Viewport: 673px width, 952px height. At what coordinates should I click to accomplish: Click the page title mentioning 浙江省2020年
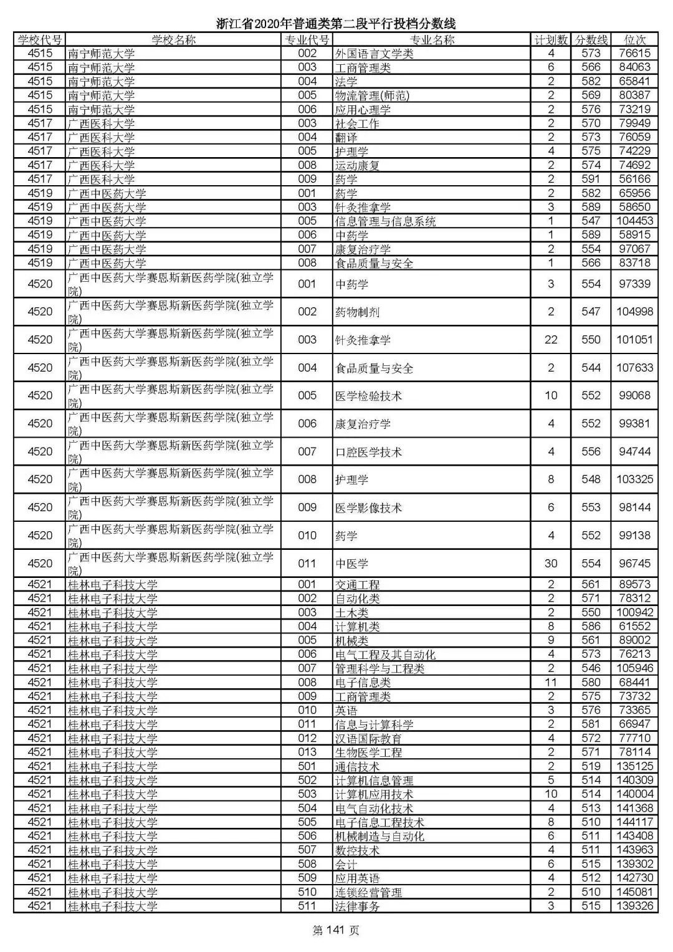point(336,24)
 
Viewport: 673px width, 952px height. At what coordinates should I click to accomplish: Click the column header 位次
point(634,40)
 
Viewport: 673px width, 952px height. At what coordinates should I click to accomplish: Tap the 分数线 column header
point(591,40)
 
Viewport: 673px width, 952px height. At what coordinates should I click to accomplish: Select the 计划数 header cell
point(551,40)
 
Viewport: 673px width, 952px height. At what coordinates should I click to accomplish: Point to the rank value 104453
point(634,221)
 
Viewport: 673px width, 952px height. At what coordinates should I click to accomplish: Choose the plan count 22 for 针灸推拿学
point(551,340)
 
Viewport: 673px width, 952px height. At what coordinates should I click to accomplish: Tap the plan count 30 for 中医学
point(551,564)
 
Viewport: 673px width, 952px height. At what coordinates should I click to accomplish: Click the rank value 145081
point(634,892)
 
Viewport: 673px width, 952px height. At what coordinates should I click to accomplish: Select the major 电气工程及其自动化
point(385,655)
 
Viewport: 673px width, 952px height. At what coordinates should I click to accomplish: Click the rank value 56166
point(634,179)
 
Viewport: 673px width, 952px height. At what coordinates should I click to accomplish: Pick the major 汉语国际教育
point(368,739)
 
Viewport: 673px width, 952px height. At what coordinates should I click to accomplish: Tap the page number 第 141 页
point(336,931)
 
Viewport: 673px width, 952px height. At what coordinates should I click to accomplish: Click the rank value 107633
point(634,368)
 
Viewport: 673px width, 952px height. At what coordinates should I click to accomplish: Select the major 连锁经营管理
point(368,893)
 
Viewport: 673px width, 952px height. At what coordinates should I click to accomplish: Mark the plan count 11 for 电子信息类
point(551,683)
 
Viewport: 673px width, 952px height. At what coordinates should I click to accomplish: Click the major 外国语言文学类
point(374,54)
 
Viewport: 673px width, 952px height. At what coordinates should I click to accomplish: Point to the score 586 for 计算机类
point(591,627)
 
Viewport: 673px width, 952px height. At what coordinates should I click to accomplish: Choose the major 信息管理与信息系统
point(385,221)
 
